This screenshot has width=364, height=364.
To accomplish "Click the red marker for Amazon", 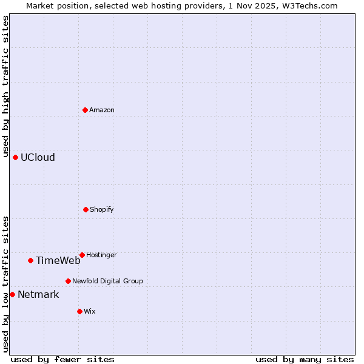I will tap(86, 110).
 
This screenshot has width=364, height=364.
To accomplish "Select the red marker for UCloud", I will tap(15, 157).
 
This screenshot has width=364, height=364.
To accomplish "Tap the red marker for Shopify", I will tap(86, 209).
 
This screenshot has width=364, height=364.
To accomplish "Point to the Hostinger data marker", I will tap(82, 255).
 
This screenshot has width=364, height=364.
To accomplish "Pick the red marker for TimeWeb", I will tap(30, 260).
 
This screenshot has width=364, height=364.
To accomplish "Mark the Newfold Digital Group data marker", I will tap(68, 281).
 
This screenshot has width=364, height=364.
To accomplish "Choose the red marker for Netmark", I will tap(12, 294).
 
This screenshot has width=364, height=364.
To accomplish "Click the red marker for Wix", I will tap(79, 311).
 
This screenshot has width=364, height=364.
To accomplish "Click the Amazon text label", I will tap(102, 110).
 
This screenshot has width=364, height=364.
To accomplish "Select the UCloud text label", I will tap(38, 157).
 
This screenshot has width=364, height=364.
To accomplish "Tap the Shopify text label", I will tap(102, 209).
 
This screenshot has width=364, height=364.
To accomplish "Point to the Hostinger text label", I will tap(101, 255).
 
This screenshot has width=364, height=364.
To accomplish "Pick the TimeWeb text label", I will tap(58, 260).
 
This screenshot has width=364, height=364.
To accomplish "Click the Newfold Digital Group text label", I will tap(107, 281).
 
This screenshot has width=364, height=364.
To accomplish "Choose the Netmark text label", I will tap(38, 294).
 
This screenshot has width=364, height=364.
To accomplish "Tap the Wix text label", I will tap(90, 311).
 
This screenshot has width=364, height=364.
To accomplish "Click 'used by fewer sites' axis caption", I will tap(62, 359).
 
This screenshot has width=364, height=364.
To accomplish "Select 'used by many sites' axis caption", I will tap(305, 359).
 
